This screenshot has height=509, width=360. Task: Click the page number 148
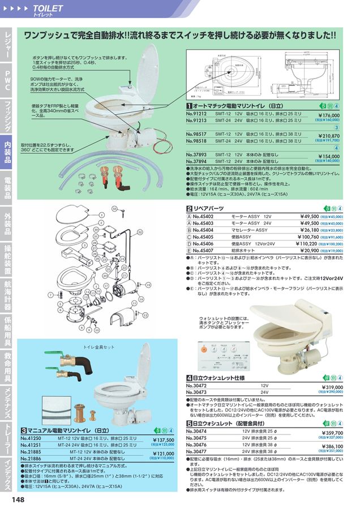(x=17, y=500)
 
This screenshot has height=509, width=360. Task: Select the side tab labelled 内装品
(x=7, y=152)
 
